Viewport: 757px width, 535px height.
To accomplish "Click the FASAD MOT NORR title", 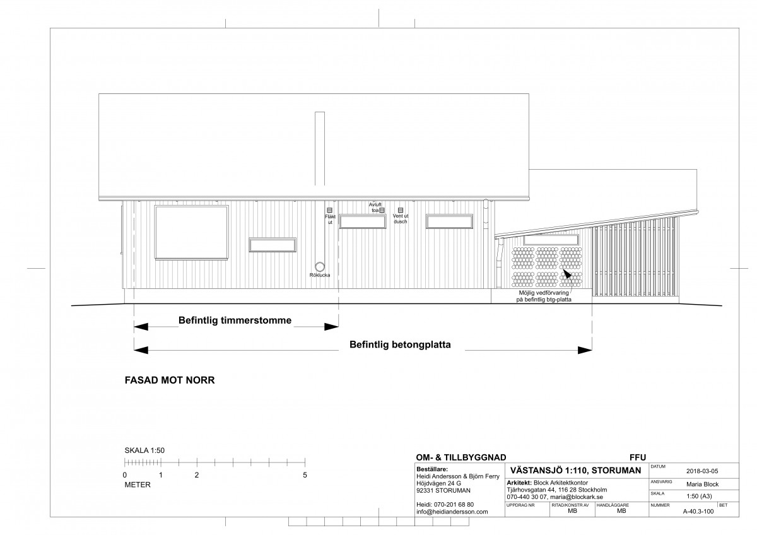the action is (170, 380).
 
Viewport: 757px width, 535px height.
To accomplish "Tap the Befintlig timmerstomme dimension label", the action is (235, 320).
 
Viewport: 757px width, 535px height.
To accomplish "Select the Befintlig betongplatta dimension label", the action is (400, 344).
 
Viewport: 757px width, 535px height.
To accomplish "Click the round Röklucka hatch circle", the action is (320, 267).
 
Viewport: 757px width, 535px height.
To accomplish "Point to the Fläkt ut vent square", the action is (330, 210).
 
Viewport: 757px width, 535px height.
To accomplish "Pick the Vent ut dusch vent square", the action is (401, 210).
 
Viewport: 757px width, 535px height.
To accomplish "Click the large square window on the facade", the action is (192, 233).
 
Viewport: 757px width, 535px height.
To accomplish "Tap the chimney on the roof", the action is (320, 149).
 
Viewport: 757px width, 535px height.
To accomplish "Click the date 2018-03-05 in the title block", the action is (702, 471).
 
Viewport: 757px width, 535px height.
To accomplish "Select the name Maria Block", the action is (702, 485).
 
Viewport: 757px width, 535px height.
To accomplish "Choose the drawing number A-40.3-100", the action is (698, 512).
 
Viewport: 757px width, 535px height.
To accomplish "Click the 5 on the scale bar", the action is (305, 475).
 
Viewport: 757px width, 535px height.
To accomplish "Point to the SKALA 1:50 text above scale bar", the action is (144, 450).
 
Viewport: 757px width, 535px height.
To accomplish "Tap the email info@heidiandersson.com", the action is (452, 512).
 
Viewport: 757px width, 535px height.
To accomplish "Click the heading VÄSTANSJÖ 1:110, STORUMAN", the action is (575, 471).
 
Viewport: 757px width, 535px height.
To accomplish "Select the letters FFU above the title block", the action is (638, 457).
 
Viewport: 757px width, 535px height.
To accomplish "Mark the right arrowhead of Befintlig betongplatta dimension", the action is (585, 351).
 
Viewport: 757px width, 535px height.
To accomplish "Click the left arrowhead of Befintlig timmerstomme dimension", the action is (141, 327).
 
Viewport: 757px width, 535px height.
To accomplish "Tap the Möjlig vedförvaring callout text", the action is (544, 296).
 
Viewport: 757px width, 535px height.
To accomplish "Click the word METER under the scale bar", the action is (138, 485).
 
